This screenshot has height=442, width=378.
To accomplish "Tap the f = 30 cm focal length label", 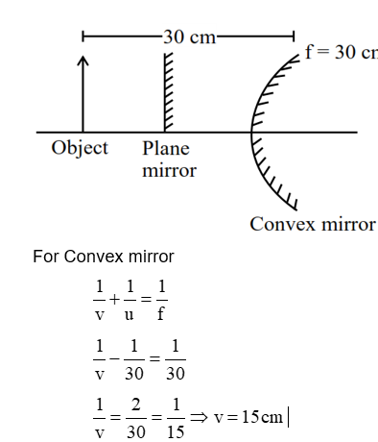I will pos(341,52).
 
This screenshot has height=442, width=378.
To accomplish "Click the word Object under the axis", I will pos(80,148).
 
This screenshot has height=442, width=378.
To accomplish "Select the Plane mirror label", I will pos(169,160).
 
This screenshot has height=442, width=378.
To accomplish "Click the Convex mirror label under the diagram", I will pos(312,224).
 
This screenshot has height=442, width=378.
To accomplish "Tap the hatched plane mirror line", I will pos(168,92).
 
